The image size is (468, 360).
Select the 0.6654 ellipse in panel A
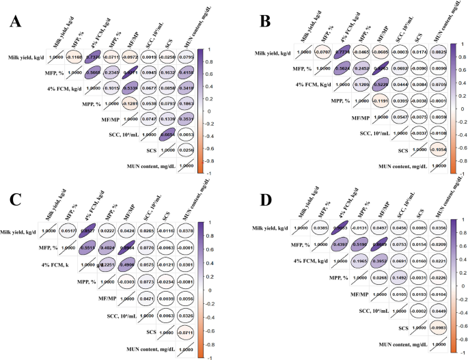tap(163, 135)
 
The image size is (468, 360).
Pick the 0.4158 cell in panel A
tap(185, 71)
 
